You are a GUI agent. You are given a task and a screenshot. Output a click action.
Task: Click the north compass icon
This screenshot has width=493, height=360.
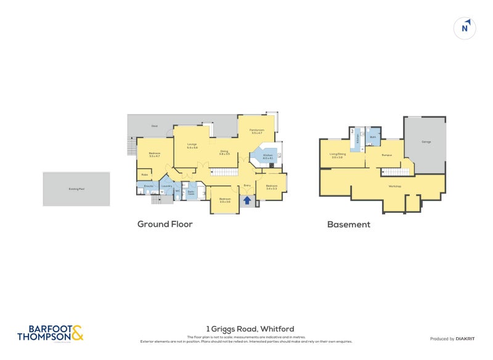pyautogui.click(x=466, y=28)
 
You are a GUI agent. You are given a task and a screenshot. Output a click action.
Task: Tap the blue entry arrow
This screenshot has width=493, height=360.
pyautogui.click(x=247, y=200)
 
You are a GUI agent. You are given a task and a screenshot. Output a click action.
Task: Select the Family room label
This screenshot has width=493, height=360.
pyautogui.click(x=257, y=131)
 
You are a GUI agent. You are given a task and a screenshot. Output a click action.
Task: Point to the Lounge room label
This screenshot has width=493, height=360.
pyautogui.click(x=192, y=146)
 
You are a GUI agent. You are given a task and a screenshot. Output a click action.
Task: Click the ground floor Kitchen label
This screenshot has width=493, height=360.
pyautogui.click(x=267, y=157)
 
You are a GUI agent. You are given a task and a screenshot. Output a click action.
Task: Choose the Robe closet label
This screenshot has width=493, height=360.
pyautogui.click(x=144, y=174)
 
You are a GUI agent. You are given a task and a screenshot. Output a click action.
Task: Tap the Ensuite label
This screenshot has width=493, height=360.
pyautogui.click(x=149, y=186)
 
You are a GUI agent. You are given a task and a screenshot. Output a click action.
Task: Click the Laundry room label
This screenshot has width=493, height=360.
pyautogui.click(x=166, y=186)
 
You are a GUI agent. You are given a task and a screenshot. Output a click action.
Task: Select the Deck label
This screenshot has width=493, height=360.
pyautogui.click(x=154, y=126)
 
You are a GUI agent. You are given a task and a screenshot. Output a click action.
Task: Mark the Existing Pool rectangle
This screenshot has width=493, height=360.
pyautogui.click(x=76, y=189)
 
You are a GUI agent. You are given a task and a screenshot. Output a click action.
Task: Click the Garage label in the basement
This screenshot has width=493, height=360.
pyautogui.click(x=426, y=142)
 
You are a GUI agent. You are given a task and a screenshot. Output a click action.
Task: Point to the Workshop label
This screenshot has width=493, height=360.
pyautogui.click(x=395, y=186)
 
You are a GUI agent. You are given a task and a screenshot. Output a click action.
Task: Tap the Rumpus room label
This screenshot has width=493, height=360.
pyautogui.click(x=386, y=155)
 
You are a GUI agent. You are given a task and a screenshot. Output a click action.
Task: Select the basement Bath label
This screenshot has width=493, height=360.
pyautogui.click(x=373, y=137)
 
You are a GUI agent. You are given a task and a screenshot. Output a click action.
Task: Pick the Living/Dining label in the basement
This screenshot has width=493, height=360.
pyautogui.click(x=337, y=155)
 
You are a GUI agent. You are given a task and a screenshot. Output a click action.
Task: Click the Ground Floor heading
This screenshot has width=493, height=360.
pyautogui.click(x=165, y=224)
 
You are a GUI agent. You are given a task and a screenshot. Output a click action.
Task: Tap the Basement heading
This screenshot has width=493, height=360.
pyautogui.click(x=348, y=224)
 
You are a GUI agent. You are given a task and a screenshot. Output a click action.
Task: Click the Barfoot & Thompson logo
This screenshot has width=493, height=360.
pyautogui.click(x=50, y=333)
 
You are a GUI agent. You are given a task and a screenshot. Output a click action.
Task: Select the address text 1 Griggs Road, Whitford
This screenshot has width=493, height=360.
pyautogui.click(x=250, y=329)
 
